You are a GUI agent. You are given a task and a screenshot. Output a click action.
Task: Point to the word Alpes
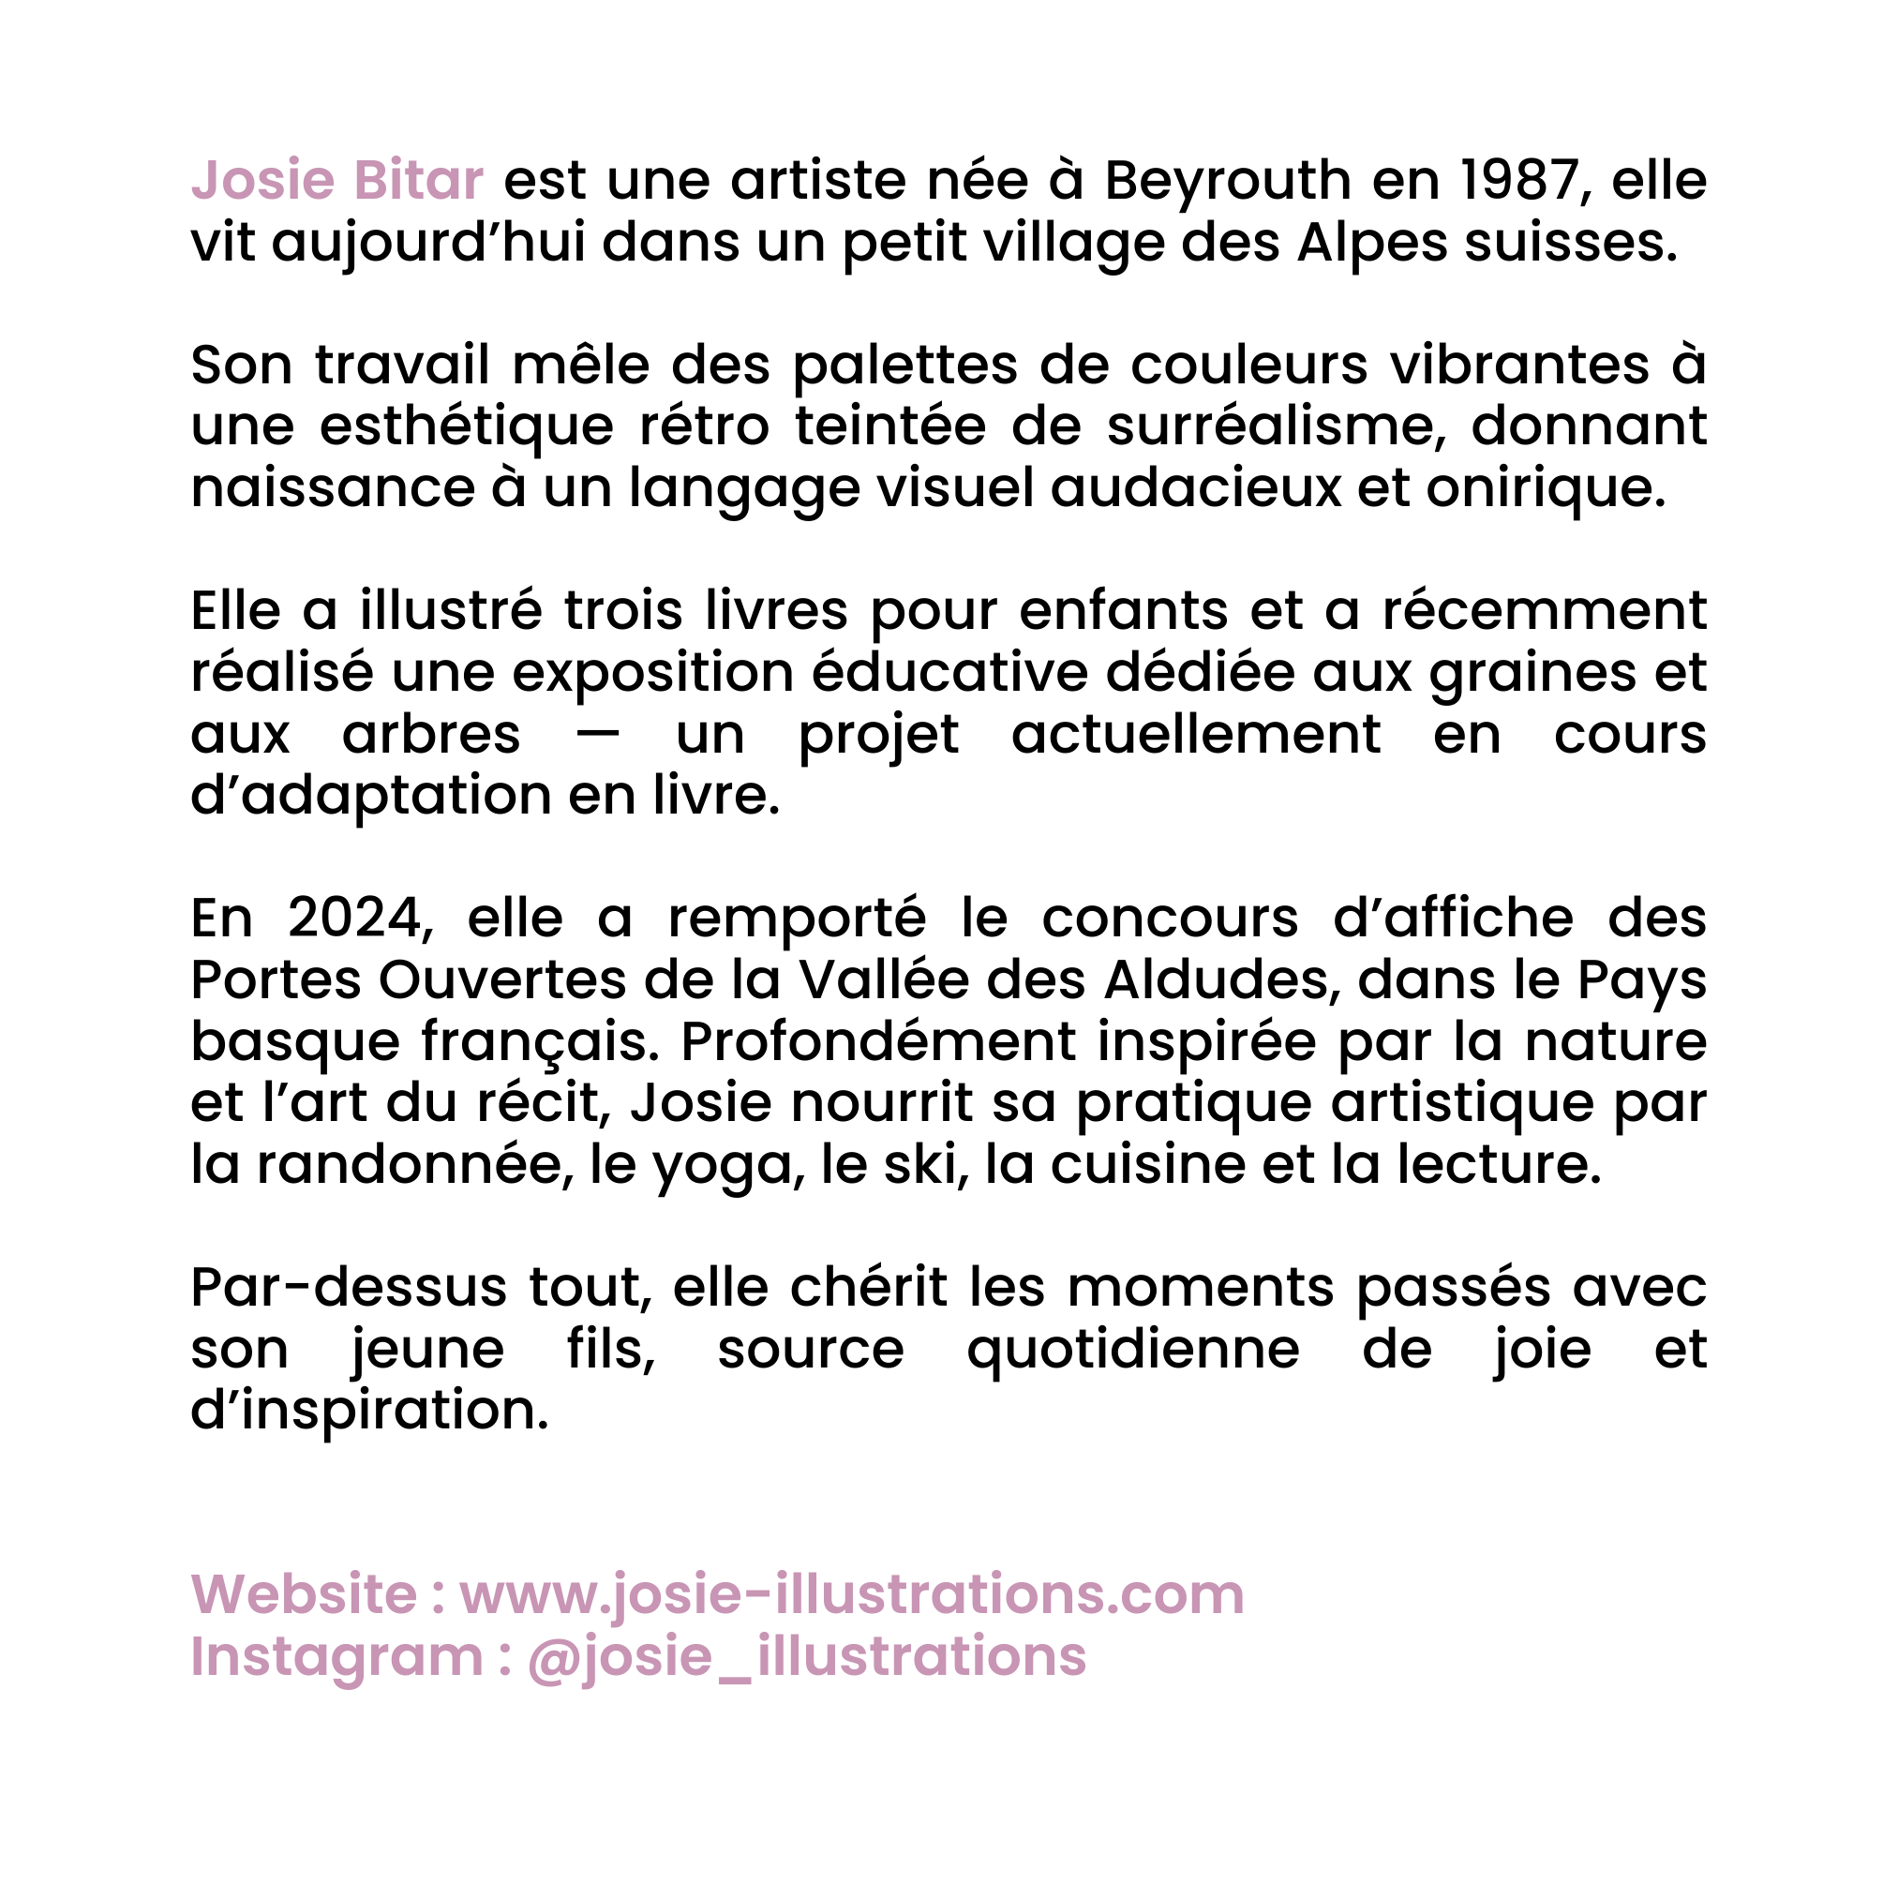pos(1371,244)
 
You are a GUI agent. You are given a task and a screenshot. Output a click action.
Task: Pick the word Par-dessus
pos(349,1288)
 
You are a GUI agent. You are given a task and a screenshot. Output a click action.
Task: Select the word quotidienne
pos(1133,1350)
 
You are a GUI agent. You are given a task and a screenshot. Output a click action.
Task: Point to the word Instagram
pos(336,1657)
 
